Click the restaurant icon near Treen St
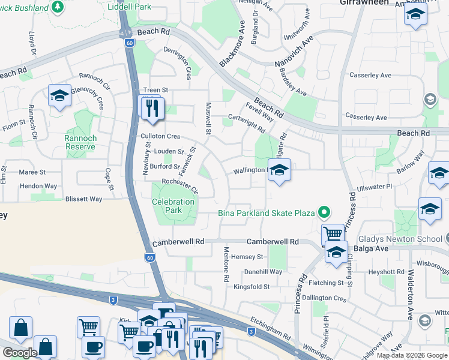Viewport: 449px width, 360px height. pos(151,108)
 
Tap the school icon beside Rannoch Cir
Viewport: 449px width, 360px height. pos(59,96)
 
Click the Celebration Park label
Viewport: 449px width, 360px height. pos(173,206)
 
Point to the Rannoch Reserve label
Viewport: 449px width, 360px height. pos(80,142)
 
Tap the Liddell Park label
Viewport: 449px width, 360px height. pos(129,7)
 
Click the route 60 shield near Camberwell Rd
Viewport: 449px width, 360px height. pos(149,257)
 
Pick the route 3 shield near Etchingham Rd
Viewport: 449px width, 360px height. pos(251,331)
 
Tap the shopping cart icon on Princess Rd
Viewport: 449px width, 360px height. pos(333,233)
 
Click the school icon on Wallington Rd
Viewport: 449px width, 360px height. pos(279,171)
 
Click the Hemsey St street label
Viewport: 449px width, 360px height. pos(247,256)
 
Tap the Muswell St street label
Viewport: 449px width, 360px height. pos(209,118)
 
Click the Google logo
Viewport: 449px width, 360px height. pos(20,352)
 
